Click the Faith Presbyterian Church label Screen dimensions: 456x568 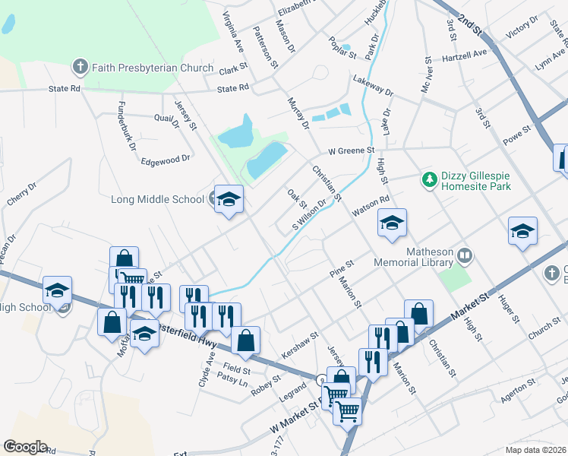click(x=153, y=68)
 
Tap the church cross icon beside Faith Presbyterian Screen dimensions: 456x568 click(x=81, y=68)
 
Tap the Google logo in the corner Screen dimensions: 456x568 click(x=25, y=447)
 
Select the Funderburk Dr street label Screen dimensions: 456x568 click(x=121, y=122)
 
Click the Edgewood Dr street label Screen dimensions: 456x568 click(x=165, y=160)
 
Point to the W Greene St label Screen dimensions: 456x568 click(x=352, y=150)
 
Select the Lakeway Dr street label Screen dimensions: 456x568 click(x=373, y=85)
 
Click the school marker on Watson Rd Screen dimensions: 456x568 click(x=392, y=223)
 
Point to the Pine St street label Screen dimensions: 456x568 click(x=342, y=268)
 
